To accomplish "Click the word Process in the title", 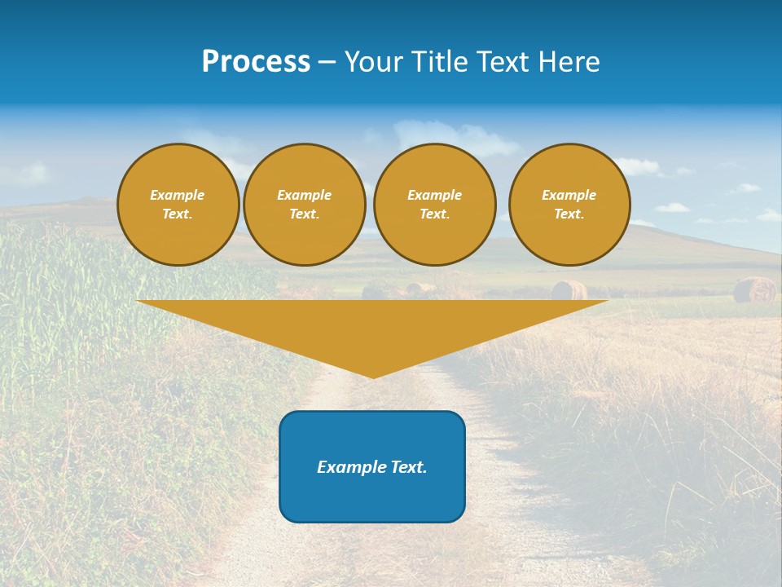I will point(256,62).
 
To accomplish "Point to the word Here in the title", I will point(568,62).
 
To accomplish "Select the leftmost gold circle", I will point(178,205).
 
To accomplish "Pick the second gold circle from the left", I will point(305,205).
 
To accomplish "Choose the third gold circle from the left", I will point(435,205).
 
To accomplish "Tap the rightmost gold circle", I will point(569,205).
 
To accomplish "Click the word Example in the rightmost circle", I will point(569,195).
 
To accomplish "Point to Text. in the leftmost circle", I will point(178,214).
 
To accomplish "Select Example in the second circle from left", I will point(305,195).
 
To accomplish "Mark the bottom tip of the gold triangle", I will point(373,377).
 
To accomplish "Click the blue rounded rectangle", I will point(372,466).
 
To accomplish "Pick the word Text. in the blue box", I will point(408,467).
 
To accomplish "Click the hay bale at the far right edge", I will point(754,290).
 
